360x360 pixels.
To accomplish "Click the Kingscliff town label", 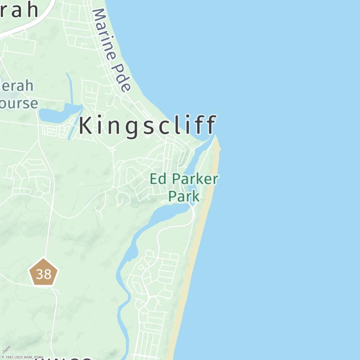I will [148, 126].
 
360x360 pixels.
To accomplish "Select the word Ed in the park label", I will [157, 179].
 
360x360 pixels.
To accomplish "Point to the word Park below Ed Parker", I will [184, 196].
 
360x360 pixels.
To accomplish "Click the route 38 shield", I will [44, 273].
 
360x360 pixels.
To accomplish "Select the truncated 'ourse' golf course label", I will [19, 103].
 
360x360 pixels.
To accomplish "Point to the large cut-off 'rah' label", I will [20, 10].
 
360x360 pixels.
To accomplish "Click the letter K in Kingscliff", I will [86, 126].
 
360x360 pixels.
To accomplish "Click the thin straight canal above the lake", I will [69, 88].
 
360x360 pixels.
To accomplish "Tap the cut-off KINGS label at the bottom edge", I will [63, 358].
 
